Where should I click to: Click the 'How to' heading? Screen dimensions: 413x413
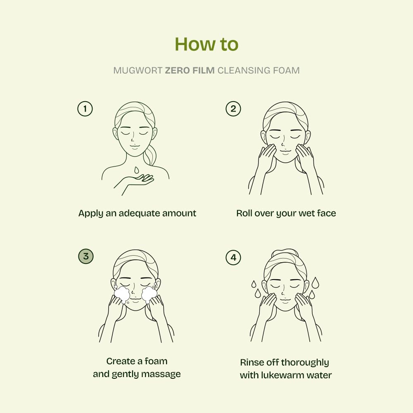(206, 44)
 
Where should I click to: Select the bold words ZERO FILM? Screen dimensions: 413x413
(190, 71)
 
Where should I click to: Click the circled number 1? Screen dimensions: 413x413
(85, 109)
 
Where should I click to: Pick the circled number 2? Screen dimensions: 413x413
(233, 109)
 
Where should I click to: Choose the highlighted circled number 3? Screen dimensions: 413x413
(85, 256)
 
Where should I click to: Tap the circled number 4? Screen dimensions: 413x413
(233, 258)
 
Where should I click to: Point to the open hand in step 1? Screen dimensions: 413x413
(140, 180)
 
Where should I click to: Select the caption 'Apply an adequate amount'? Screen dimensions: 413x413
(137, 214)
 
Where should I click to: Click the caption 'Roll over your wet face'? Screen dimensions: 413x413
(286, 214)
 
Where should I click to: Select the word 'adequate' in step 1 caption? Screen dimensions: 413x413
(139, 214)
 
